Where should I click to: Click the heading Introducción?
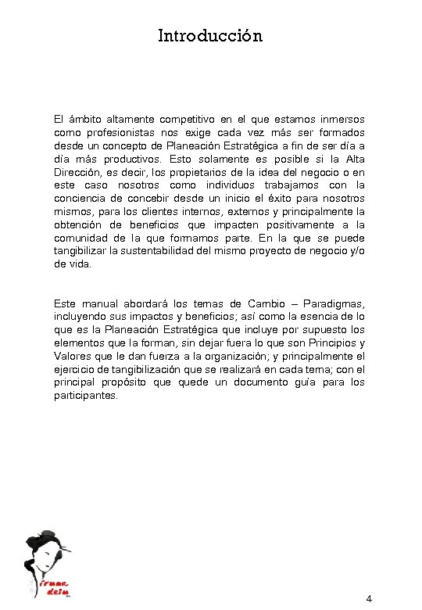click(x=210, y=36)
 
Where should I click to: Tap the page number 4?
click(x=369, y=599)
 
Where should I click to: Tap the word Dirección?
click(x=78, y=173)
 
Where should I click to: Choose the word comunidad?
click(x=82, y=239)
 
